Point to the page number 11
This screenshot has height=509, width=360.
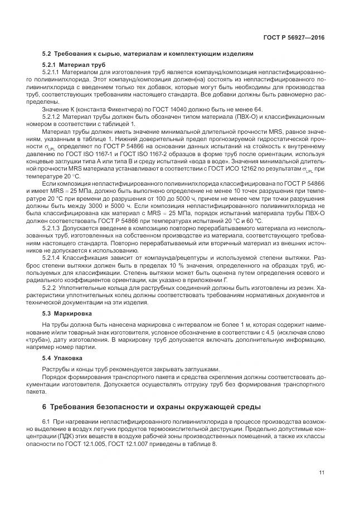(322, 473)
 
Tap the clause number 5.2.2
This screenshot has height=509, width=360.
(48, 288)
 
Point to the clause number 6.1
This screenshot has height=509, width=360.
(46, 419)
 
